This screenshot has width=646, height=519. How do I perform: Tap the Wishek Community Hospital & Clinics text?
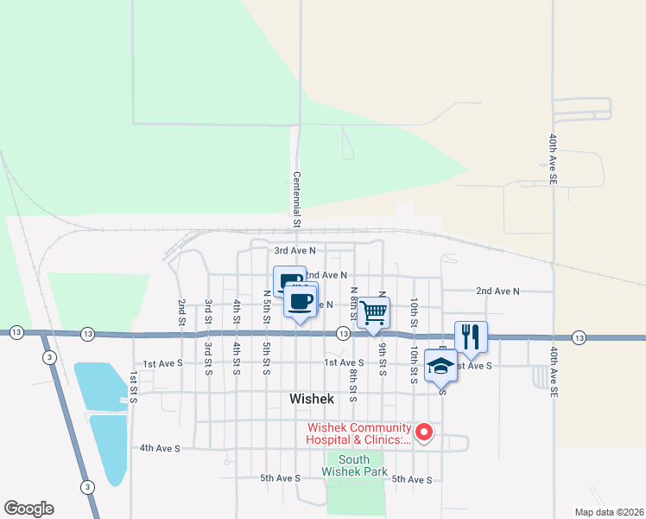coord(356,433)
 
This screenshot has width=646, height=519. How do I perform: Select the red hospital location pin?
coord(424,431)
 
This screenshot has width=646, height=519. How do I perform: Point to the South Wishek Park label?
coord(353,465)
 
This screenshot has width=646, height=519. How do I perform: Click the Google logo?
coord(28,509)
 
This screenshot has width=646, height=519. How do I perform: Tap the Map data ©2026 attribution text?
coord(608,512)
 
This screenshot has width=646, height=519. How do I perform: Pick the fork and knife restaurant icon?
coord(471,336)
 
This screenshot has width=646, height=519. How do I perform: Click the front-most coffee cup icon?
coord(300,302)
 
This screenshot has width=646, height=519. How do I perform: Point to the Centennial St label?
coord(295,199)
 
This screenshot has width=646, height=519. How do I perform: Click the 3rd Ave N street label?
coord(294,250)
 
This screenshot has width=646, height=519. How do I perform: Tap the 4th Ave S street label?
coord(160,448)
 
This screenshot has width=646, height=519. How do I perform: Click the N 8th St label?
coord(353,302)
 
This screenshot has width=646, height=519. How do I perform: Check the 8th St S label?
coord(353,386)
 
